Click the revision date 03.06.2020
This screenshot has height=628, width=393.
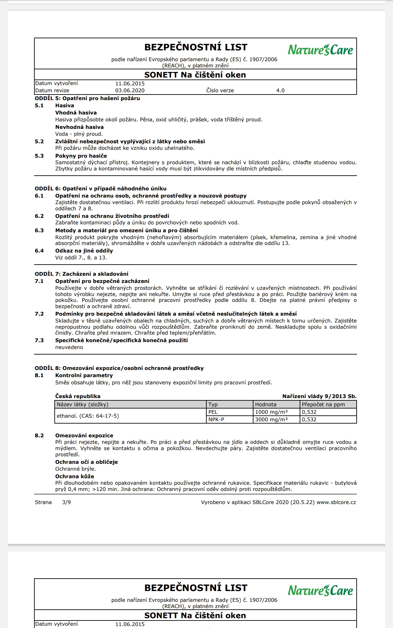coord(130,91)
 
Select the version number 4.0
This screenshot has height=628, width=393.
coord(280,91)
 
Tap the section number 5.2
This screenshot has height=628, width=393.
coord(39,142)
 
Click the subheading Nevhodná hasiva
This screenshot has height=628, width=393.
coord(79,127)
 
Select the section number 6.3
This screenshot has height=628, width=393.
coord(39,231)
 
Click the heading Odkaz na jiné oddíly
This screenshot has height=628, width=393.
coord(84,251)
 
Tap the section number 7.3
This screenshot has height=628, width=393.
coord(39,340)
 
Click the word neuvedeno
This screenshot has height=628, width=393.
coord(69,347)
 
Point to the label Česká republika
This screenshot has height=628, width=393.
coord(78,396)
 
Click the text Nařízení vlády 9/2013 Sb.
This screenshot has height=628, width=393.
coord(319,396)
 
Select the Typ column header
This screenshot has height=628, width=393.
coord(213,405)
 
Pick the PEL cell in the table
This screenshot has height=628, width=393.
coord(213,412)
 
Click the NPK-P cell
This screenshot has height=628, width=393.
coord(216,420)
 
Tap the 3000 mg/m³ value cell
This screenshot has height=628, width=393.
coord(271,420)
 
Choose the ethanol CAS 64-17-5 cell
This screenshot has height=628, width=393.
coord(88,416)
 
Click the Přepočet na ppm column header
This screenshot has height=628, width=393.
coord(323,405)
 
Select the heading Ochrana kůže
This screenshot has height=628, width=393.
coord(74,477)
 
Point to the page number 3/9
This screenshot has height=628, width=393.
coord(66,502)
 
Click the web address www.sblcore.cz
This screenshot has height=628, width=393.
coord(336,502)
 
